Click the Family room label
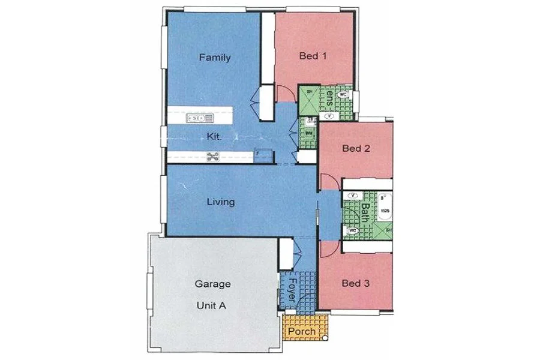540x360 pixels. (215, 58)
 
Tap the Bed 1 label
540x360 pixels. (313, 57)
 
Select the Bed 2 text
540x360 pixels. (355, 148)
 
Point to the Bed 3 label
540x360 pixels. (355, 283)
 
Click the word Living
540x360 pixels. (220, 202)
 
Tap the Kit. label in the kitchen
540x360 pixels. (214, 136)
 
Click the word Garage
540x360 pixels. (213, 284)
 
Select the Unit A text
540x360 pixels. (211, 305)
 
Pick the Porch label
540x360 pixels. (302, 331)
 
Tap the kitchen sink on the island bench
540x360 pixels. (200, 118)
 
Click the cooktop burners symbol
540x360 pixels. (212, 157)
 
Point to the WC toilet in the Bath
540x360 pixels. (353, 230)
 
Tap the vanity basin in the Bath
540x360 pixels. (353, 195)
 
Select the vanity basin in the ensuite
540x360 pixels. (329, 115)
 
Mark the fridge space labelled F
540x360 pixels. (264, 155)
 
